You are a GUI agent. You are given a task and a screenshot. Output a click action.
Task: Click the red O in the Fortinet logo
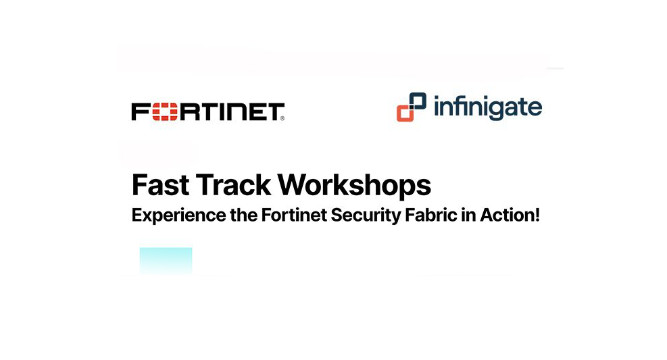165,112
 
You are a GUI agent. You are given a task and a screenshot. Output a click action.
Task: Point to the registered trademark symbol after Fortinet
282,119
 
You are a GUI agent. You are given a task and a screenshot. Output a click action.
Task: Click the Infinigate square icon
412,107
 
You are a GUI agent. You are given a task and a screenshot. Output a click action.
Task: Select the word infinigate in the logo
488,107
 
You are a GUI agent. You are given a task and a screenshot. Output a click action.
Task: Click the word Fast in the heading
160,185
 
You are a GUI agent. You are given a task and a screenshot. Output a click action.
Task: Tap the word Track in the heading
233,185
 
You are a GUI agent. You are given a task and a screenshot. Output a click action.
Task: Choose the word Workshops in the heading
354,186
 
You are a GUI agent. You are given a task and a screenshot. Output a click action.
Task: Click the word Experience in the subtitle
178,215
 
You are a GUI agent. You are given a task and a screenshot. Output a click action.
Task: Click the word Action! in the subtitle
510,215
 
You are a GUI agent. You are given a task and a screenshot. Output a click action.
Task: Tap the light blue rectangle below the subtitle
166,261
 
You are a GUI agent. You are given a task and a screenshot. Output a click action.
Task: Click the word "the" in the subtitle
244,215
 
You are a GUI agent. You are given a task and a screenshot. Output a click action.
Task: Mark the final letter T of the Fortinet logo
272,112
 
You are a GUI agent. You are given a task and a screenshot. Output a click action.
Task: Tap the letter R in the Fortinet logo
189,112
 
